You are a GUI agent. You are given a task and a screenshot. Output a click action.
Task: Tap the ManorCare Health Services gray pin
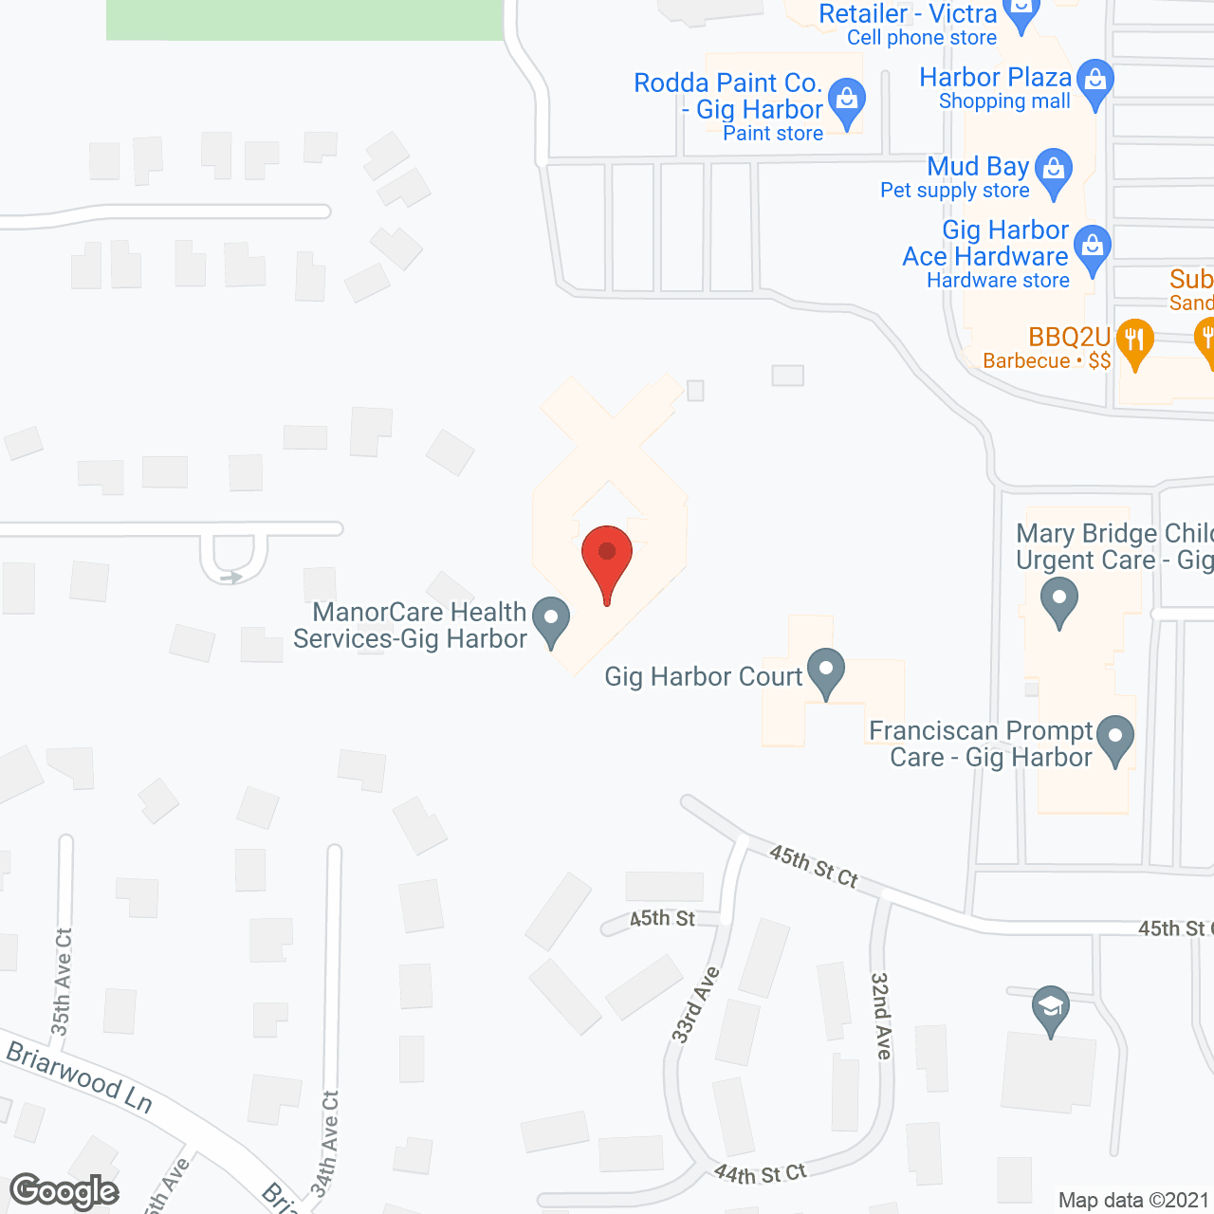[x=551, y=620]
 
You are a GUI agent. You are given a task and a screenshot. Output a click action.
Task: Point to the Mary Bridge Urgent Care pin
[x=1059, y=601]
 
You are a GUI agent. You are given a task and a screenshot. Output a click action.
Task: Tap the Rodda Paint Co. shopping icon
[x=846, y=101]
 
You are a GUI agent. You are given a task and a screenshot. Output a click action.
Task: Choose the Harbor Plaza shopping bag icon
[x=1095, y=83]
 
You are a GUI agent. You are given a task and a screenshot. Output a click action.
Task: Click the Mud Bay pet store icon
[x=1054, y=172]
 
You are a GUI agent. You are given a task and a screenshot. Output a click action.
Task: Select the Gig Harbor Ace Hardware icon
[x=1094, y=248]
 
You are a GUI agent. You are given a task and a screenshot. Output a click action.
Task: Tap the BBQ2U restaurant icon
[x=1134, y=341]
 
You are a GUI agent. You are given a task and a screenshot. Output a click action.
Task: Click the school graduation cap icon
[x=1051, y=1009]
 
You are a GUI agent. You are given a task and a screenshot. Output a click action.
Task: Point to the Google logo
[x=64, y=1191]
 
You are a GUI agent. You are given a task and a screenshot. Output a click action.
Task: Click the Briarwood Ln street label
[x=80, y=1076]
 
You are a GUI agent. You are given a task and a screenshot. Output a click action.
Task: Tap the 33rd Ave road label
[x=696, y=1005]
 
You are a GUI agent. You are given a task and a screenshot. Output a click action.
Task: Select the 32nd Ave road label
[x=882, y=1016]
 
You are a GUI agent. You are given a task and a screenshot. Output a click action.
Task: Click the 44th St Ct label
[x=760, y=1174]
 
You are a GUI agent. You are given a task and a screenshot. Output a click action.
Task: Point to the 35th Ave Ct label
[x=62, y=982]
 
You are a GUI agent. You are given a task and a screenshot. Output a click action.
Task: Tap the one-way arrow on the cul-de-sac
[x=230, y=576]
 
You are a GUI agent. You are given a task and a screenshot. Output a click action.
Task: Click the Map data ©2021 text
[x=1133, y=1201]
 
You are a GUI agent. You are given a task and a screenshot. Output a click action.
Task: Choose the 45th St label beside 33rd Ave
[x=662, y=918]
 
